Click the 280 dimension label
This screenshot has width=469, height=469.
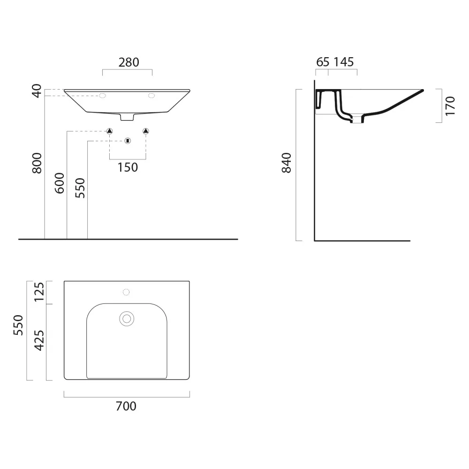(x=129, y=62)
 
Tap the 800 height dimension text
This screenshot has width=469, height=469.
(x=37, y=163)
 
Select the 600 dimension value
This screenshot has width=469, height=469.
(x=60, y=183)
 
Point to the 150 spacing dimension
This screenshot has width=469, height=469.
(x=128, y=167)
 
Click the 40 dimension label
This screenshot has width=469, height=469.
(x=37, y=91)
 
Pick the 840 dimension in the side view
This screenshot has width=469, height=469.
(x=286, y=163)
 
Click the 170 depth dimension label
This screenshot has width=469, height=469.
(x=450, y=106)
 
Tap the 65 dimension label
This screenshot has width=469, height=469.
(x=323, y=62)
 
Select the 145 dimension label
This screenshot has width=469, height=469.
(x=344, y=62)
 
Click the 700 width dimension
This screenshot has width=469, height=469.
(x=126, y=406)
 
